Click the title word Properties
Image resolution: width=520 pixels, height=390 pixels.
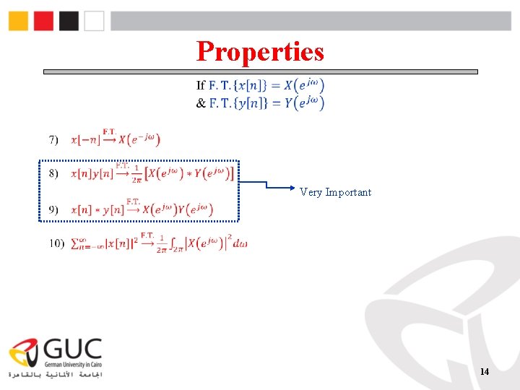pos(260,51)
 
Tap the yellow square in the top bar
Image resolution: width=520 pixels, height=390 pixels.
pos(19,21)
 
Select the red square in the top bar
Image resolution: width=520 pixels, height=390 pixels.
pos(44,21)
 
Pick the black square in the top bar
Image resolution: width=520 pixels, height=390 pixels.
pos(69,21)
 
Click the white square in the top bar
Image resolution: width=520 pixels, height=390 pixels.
pos(94,21)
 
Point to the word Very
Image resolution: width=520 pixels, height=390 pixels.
pos(311,192)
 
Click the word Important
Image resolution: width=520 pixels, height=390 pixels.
pos(348,192)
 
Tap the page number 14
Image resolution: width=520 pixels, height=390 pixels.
pos(484,371)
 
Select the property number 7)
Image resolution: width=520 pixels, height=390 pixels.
pos(54,139)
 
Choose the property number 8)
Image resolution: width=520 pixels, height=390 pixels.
pos(54,174)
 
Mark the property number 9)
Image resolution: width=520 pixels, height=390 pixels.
pos(54,209)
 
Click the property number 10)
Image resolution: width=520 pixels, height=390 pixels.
pos(57,244)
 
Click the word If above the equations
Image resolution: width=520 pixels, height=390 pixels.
pos(201,85)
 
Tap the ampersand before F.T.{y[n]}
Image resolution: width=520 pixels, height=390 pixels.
pos(201,103)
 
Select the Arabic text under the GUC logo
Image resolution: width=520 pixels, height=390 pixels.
pos(56,376)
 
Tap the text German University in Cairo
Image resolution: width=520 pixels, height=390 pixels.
pos(73,365)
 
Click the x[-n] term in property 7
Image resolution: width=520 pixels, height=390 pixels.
pos(85,139)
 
